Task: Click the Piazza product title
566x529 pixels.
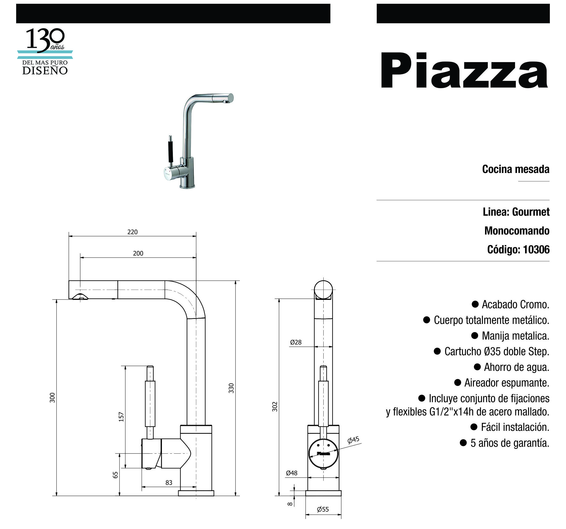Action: tap(464, 71)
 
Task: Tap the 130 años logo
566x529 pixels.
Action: tap(45, 51)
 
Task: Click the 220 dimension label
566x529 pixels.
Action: tap(132, 232)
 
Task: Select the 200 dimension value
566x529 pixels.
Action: tap(138, 253)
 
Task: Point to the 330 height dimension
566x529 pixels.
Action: tap(231, 388)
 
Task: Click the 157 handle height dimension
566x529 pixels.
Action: tap(121, 417)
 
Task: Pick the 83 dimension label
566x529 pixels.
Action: tap(169, 483)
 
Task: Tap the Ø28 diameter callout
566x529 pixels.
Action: tap(296, 342)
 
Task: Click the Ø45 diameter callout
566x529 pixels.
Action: tap(353, 440)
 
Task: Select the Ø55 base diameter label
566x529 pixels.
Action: tap(323, 509)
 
